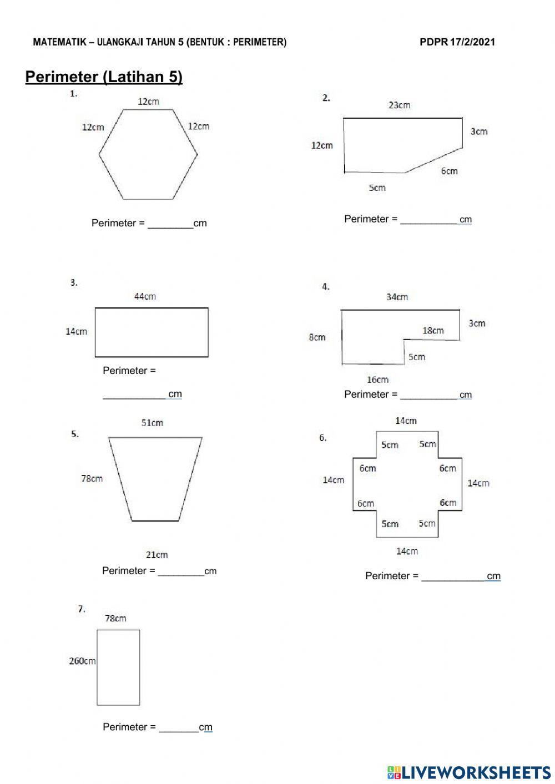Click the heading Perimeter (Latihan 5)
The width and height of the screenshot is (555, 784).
(104, 77)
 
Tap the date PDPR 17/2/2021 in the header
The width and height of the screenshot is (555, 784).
(457, 42)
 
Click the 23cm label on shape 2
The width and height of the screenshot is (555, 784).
(399, 105)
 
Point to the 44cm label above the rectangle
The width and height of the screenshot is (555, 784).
(145, 297)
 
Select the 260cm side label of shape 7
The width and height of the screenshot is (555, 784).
(82, 661)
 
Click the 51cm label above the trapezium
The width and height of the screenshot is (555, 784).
(152, 423)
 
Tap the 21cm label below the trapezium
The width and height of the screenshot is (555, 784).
(157, 554)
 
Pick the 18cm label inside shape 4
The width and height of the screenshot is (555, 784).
(433, 331)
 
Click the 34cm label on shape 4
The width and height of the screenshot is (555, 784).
(397, 297)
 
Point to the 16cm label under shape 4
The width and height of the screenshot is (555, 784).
(377, 380)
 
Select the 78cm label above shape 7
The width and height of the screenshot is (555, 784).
(115, 618)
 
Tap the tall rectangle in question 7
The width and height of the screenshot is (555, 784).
(118, 667)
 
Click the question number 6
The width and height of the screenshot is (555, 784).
(323, 438)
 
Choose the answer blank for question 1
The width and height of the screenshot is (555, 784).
(170, 224)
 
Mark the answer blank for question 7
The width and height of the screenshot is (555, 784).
(179, 727)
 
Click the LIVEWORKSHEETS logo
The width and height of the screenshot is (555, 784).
(468, 772)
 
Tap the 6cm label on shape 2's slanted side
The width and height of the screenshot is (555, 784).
(450, 171)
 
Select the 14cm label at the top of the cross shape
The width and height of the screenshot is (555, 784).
(406, 421)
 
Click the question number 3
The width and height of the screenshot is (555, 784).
(74, 282)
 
